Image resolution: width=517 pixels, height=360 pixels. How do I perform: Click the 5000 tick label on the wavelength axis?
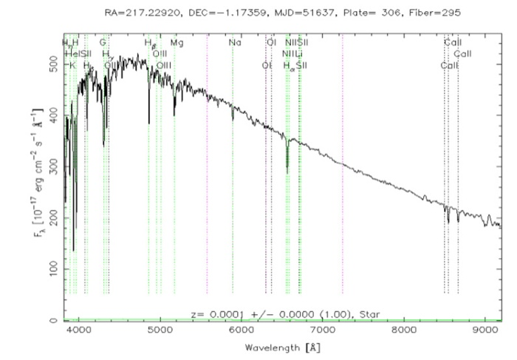pyautogui.click(x=160, y=332)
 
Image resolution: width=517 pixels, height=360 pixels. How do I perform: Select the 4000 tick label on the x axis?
pyautogui.click(x=78, y=332)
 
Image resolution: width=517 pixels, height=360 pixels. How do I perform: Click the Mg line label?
pyautogui.click(x=177, y=43)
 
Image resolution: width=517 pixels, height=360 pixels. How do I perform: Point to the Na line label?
pyautogui.click(x=235, y=43)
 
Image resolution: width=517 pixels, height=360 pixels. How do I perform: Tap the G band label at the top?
pyautogui.click(x=103, y=43)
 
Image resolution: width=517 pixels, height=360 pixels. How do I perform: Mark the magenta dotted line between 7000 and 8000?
pyautogui.click(x=343, y=185)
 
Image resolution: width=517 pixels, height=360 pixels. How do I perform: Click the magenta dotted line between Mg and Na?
pyautogui.click(x=207, y=185)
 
